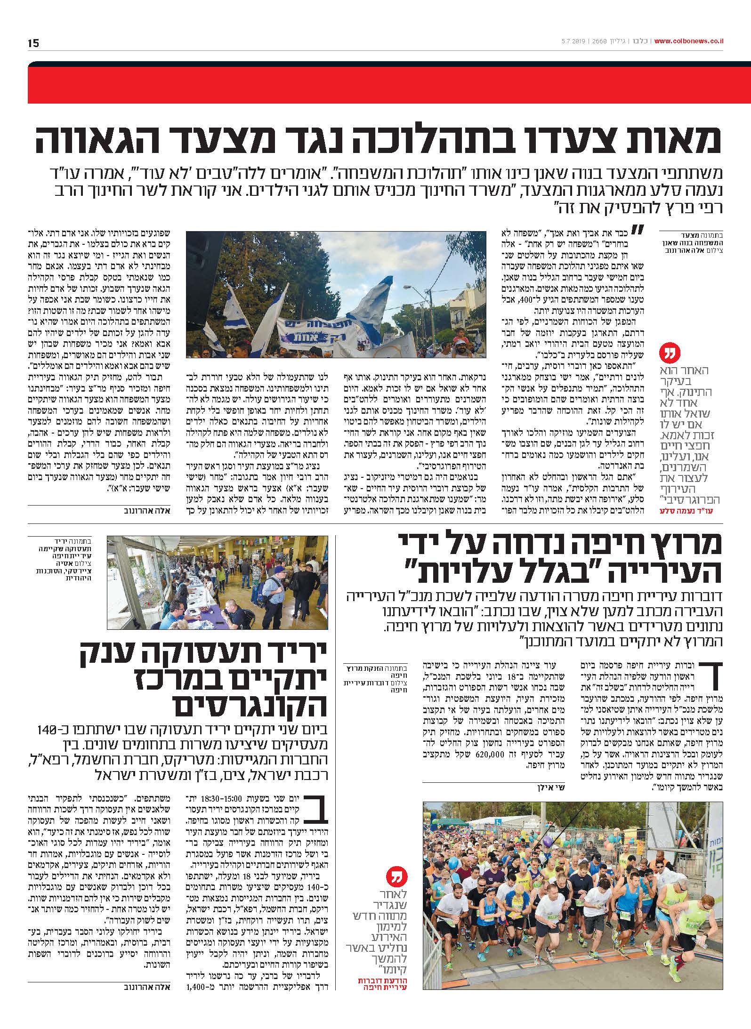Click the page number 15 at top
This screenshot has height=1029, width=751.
(33, 44)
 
